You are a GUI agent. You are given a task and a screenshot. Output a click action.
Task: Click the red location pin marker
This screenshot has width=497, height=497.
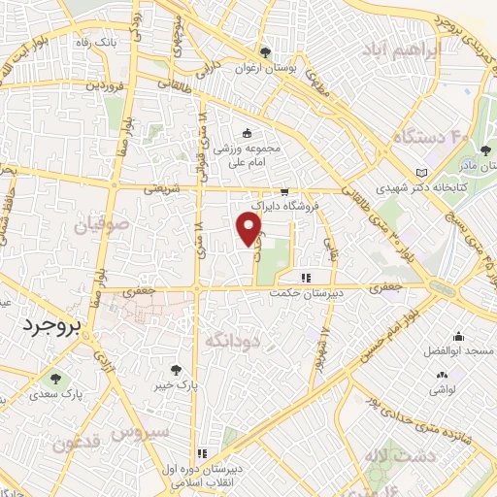coord(249,228)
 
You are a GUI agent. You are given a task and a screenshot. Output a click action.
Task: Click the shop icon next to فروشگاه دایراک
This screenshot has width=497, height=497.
coord(284,192)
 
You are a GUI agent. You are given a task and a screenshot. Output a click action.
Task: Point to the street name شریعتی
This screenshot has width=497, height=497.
coord(164,190)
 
